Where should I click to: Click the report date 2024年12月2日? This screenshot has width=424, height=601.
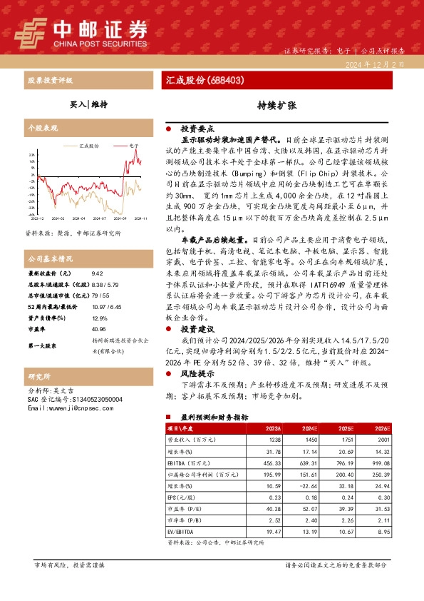[x=383, y=64]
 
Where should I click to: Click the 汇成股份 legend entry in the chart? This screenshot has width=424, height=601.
[x=89, y=144]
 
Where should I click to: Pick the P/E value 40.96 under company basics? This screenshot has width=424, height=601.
[x=100, y=309]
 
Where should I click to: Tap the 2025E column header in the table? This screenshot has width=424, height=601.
[x=345, y=428]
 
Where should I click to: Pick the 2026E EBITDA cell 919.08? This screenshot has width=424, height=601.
[x=381, y=464]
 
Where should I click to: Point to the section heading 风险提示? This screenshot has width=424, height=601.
[x=198, y=373]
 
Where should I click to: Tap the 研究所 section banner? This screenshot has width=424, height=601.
[x=40, y=375]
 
